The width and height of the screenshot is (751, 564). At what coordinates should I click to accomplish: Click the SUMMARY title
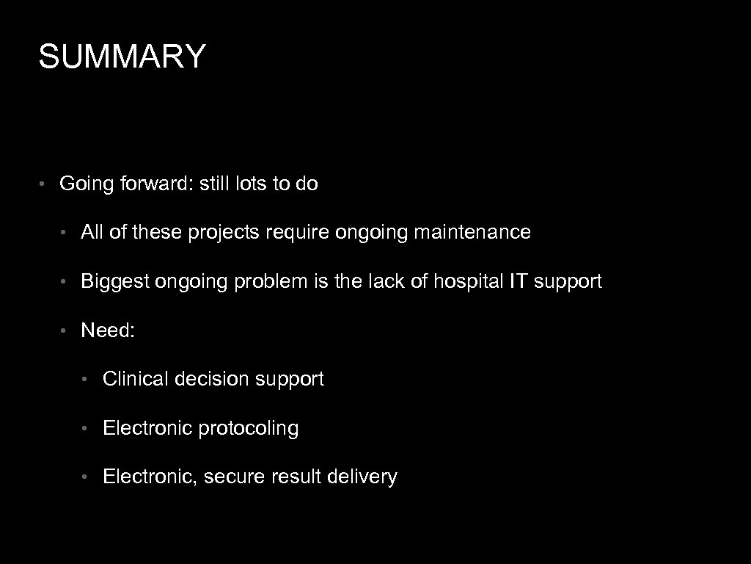tap(122, 57)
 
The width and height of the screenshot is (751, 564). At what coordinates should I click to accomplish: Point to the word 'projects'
tap(224, 233)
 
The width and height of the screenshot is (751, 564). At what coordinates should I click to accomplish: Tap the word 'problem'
tap(267, 281)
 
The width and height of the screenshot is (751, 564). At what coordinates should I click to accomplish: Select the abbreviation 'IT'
tap(516, 281)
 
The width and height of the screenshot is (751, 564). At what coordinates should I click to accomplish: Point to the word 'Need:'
tap(108, 330)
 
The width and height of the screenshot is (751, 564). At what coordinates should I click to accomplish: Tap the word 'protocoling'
tap(249, 428)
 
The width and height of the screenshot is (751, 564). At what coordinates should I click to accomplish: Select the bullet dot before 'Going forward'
tap(43, 184)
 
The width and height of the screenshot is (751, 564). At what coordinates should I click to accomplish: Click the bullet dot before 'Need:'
tap(65, 330)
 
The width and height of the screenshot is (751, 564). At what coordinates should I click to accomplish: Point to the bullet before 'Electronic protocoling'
tap(87, 428)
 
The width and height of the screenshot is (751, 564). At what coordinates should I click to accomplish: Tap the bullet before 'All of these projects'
tap(65, 233)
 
